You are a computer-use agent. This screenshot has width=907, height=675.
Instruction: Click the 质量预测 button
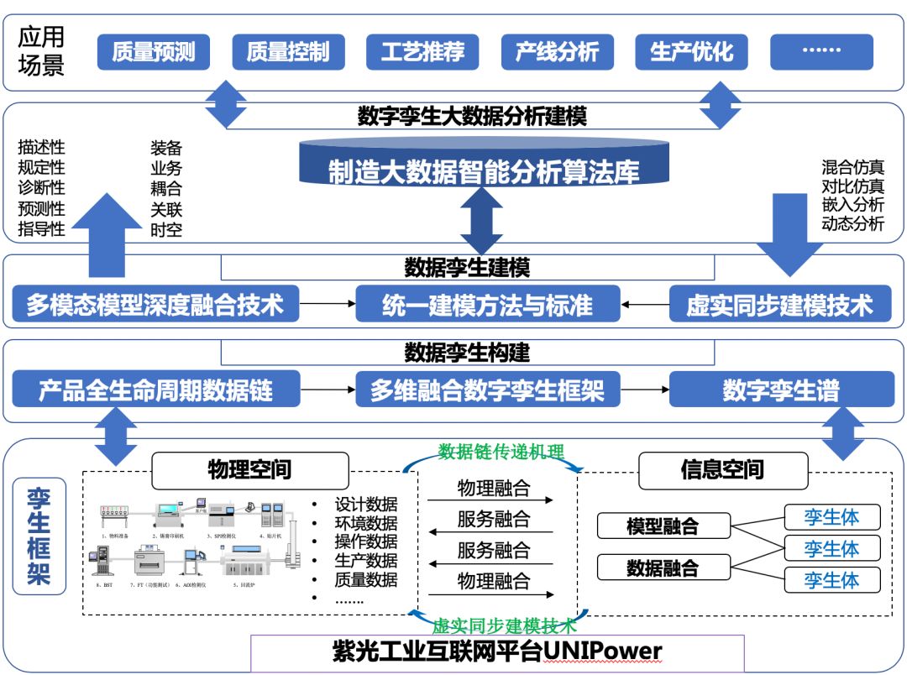click(x=154, y=52)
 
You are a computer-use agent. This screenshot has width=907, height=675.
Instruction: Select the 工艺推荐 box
click(x=422, y=52)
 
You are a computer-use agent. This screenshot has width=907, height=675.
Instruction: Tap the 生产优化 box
click(x=691, y=52)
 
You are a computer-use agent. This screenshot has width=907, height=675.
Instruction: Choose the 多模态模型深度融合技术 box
click(x=155, y=304)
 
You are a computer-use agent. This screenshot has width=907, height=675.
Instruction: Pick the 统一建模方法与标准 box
click(x=487, y=304)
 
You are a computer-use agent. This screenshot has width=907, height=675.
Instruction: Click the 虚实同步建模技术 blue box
click(x=780, y=304)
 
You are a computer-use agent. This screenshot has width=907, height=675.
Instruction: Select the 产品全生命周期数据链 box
click(x=155, y=390)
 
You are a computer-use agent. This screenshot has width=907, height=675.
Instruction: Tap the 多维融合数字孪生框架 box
click(x=487, y=390)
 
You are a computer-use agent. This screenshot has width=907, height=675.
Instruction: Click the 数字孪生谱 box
click(x=780, y=390)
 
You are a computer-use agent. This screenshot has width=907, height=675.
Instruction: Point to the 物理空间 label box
click(x=249, y=470)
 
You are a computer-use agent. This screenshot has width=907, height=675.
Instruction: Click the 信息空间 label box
click(x=722, y=470)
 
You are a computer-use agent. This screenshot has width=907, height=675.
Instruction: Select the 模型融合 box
click(x=663, y=526)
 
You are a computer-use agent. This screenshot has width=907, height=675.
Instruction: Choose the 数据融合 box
click(x=663, y=568)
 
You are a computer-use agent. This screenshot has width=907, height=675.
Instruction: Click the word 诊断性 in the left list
click(x=41, y=188)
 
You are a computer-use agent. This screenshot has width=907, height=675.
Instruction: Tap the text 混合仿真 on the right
click(x=852, y=167)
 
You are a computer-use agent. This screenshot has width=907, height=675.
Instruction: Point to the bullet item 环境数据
click(x=365, y=523)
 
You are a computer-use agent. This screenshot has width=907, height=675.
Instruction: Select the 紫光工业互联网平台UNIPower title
click(x=497, y=651)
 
